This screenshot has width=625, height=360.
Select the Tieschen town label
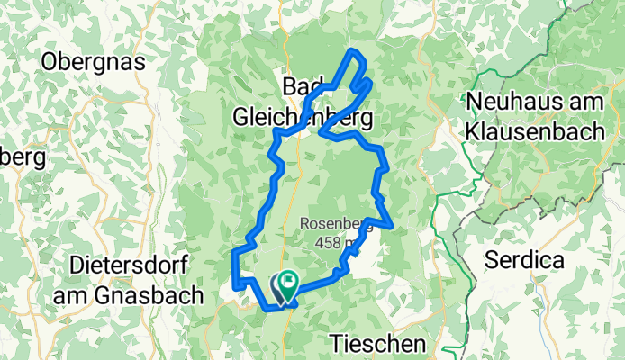tap(376, 343)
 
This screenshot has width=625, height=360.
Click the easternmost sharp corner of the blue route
tap(392, 222)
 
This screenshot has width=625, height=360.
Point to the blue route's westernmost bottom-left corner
tap(235, 286)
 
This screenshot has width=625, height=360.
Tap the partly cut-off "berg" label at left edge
tap(20, 158)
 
